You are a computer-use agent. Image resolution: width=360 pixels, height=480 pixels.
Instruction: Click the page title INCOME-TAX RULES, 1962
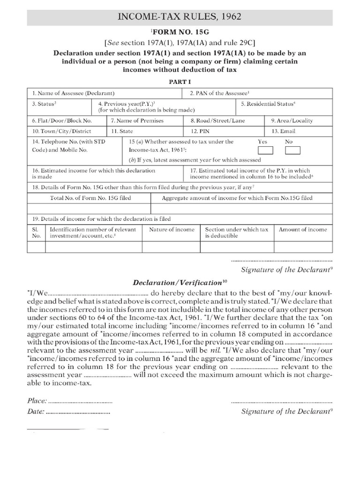(180, 17)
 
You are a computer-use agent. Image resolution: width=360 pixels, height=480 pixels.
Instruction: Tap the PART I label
(180, 81)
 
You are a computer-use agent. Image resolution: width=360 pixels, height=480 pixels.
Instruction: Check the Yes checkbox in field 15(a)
(265, 150)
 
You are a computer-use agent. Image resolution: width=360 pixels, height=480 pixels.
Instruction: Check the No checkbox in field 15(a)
(292, 150)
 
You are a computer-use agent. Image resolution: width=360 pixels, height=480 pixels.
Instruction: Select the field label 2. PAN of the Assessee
(219, 93)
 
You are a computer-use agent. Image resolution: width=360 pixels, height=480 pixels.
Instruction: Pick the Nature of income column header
(172, 230)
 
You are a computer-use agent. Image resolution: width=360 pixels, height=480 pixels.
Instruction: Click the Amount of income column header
(303, 230)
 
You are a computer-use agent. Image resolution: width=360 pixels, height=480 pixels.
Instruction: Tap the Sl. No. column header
(36, 232)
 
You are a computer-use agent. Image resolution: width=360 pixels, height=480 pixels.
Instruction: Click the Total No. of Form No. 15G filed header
(90, 198)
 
